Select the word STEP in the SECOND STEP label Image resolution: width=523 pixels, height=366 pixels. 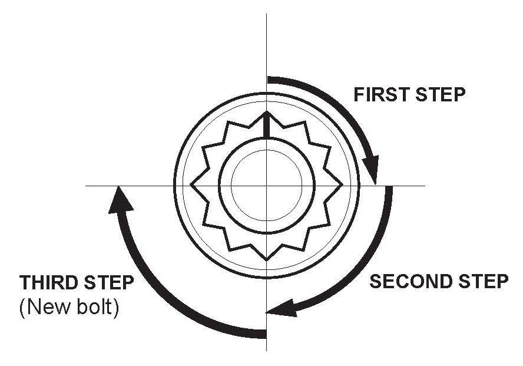coord(478,282)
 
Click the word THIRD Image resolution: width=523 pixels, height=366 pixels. coord(48,282)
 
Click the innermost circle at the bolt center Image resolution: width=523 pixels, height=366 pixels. coord(267,185)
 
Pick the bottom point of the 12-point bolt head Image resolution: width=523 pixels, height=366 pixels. coord(267,259)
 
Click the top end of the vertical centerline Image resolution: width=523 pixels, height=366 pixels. coord(267,14)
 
